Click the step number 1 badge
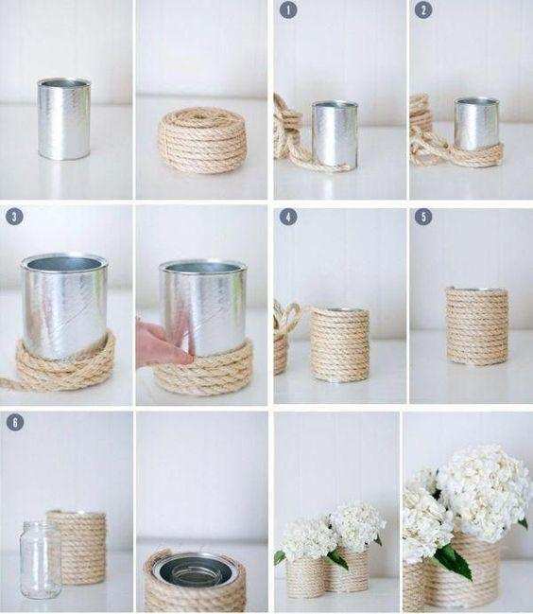click(x=288, y=9)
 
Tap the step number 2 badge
click(x=424, y=9)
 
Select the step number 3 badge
click(x=14, y=217)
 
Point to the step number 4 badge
click(x=288, y=217)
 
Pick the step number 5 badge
click(x=424, y=217)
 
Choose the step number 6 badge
click(x=15, y=422)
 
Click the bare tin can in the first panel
click(x=64, y=118)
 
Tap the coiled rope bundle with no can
click(x=202, y=140)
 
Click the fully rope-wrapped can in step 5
click(x=477, y=325)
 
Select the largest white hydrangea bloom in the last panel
click(x=483, y=491)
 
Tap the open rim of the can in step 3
click(x=64, y=262)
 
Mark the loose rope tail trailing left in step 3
click(x=9, y=381)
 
